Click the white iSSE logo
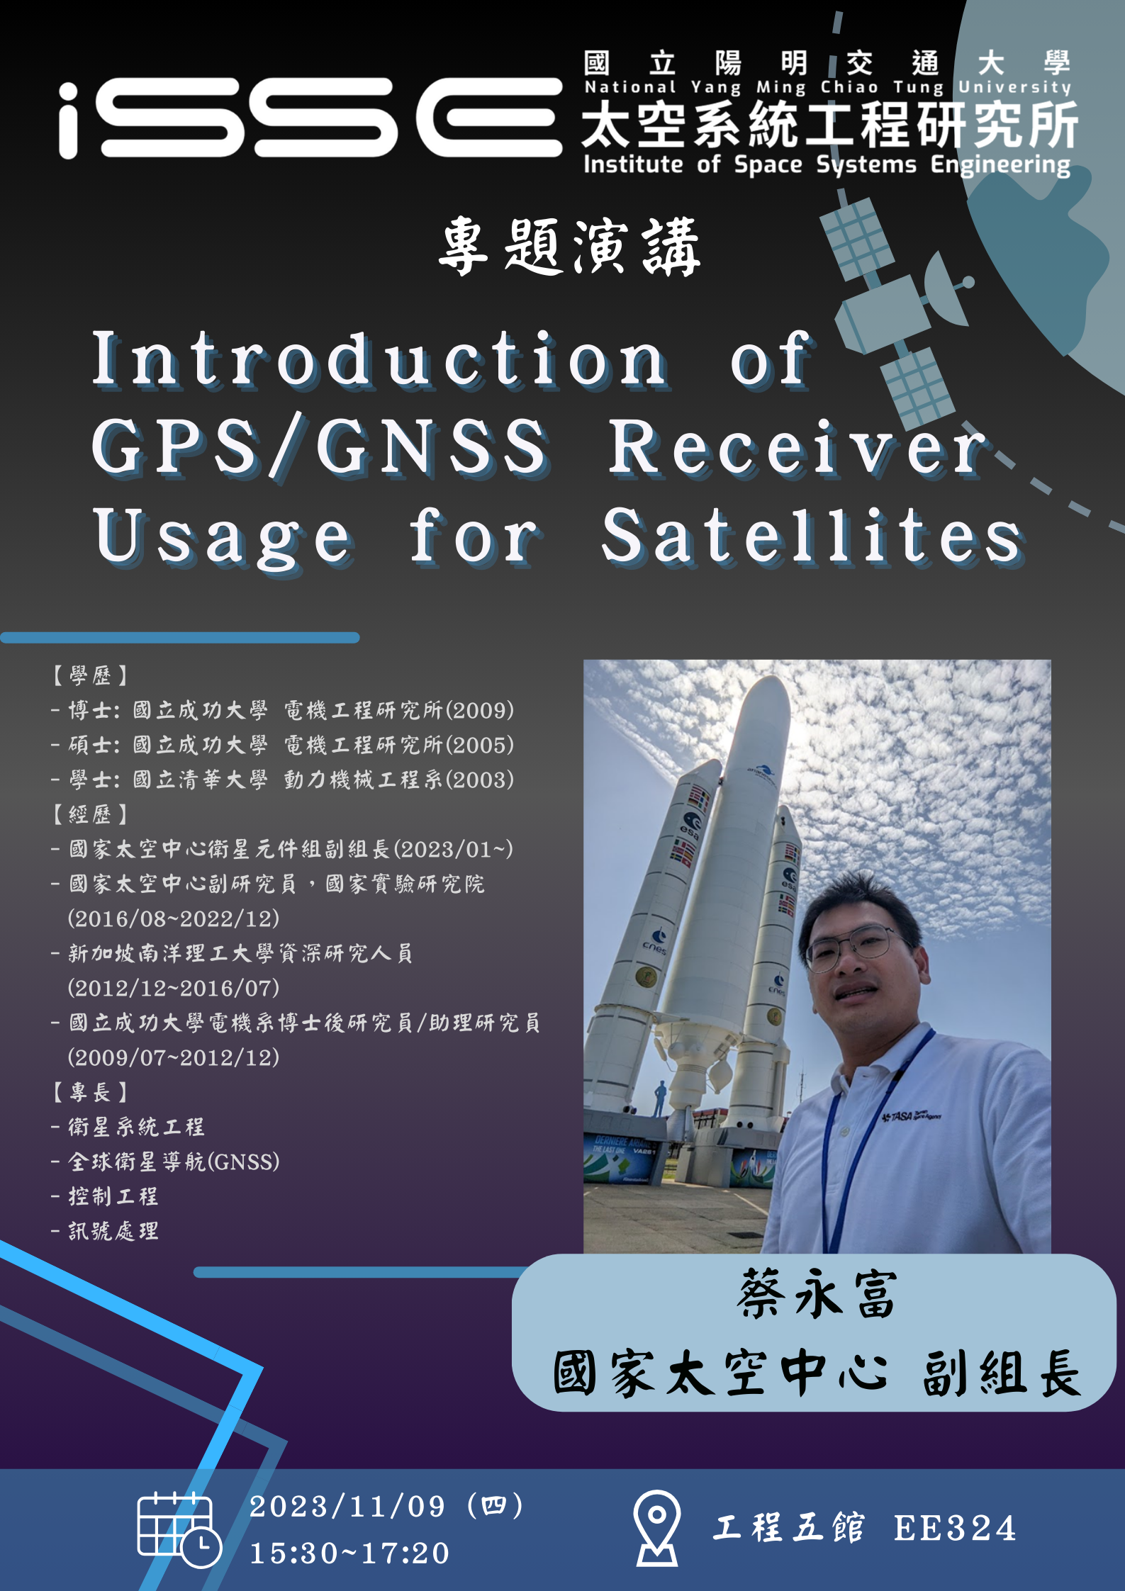[310, 119]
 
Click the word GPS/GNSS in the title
[320, 446]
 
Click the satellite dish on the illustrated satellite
[946, 288]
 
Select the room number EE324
[955, 1528]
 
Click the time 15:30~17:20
[349, 1553]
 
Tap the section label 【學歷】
[89, 675]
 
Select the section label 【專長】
[89, 1092]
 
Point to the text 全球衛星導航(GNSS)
[174, 1162]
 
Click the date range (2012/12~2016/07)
[174, 988]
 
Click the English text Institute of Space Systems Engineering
[827, 165]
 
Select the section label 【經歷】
[89, 814]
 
